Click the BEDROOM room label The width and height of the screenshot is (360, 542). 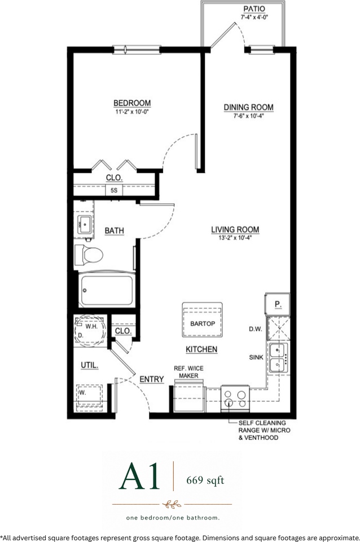tap(132, 103)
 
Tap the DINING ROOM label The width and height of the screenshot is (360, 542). tap(248, 107)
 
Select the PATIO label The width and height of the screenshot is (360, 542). tap(254, 9)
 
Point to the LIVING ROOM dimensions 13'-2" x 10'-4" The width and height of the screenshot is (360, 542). tap(235, 238)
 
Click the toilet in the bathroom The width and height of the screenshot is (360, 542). tap(89, 255)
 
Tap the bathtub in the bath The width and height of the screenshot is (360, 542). tap(107, 289)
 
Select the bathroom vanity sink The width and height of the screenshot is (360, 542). tap(84, 225)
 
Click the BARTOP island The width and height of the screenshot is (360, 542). tap(203, 320)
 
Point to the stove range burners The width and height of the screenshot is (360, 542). tap(235, 399)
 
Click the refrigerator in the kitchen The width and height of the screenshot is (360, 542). tap(188, 396)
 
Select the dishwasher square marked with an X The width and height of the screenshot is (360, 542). tap(279, 329)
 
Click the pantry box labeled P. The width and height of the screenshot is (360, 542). tap(278, 304)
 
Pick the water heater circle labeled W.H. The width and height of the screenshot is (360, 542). tap(90, 330)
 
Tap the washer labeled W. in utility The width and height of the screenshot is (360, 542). tap(89, 395)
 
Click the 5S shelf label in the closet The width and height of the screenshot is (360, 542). tap(114, 190)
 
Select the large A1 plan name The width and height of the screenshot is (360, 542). tap(139, 476)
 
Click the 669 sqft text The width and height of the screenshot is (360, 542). tap(205, 480)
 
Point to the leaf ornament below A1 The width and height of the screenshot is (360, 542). tap(173, 504)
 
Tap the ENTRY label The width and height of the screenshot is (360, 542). tap(152, 379)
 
